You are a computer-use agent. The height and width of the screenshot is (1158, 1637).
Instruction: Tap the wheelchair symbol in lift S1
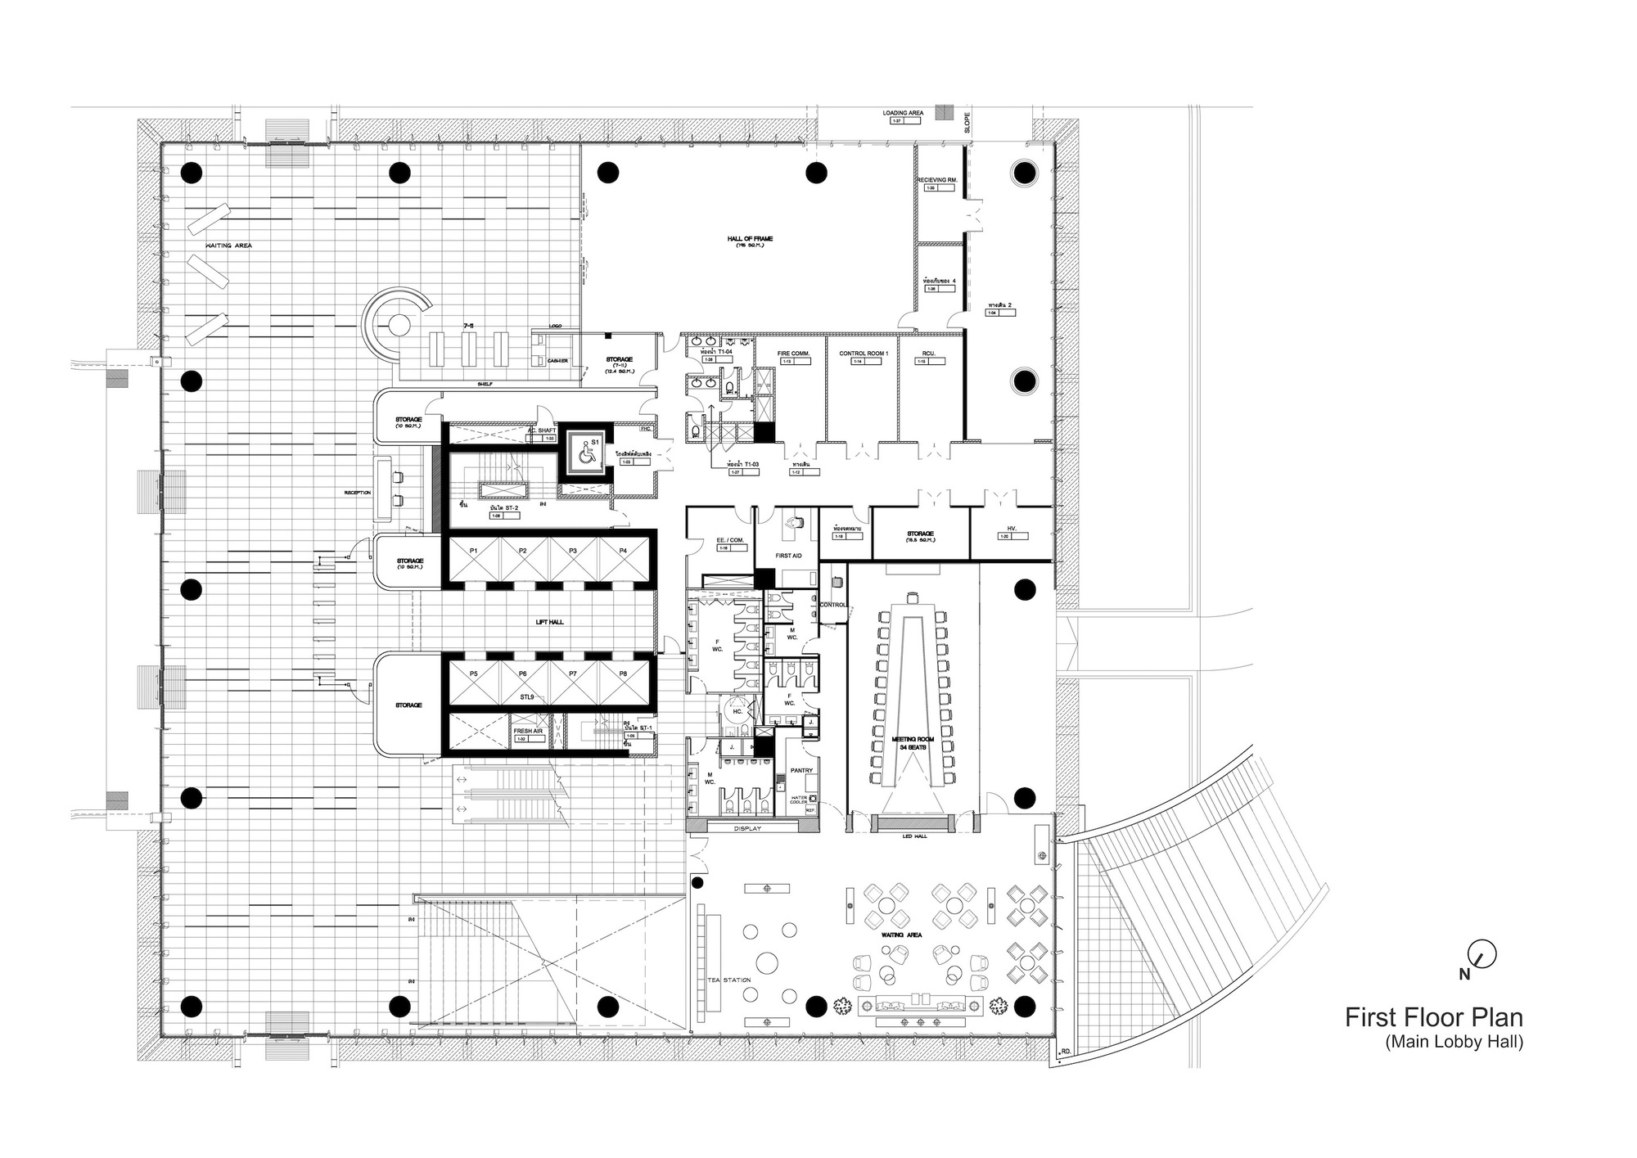pos(585,455)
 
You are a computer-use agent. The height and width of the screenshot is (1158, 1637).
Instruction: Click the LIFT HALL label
pos(549,622)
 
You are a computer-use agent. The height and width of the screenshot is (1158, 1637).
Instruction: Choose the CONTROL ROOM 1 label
pos(863,353)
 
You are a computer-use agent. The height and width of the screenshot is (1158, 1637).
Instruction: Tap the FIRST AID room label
pos(788,555)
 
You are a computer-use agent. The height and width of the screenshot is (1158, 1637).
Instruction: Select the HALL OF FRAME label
pos(750,239)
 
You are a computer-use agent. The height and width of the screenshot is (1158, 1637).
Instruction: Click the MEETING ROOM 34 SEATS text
pos(913,743)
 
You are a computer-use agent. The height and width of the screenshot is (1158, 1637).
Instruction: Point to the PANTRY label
pos(801,770)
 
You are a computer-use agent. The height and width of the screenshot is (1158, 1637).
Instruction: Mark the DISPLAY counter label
pos(746,828)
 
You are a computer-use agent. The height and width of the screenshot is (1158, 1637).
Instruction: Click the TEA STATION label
pos(728,980)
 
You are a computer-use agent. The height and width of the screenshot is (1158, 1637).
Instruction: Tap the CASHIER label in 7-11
pos(557,360)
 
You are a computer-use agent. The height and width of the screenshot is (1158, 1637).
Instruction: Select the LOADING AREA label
pos(903,113)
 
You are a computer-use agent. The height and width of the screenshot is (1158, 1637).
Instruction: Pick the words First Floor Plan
pos(1434,1017)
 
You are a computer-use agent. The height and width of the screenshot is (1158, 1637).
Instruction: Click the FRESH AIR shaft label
pos(528,731)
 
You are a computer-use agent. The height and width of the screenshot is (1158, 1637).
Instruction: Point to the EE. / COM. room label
pos(730,540)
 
